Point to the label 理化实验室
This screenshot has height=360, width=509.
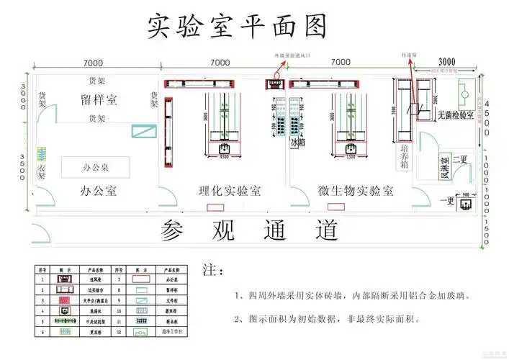coord(230,191)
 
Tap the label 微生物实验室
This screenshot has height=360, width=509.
coord(356,191)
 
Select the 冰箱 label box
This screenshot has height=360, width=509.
coord(297,143)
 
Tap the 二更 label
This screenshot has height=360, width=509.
coord(459,159)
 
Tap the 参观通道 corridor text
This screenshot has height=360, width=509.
coord(250,230)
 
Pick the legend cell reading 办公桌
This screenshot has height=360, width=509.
coord(171,276)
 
